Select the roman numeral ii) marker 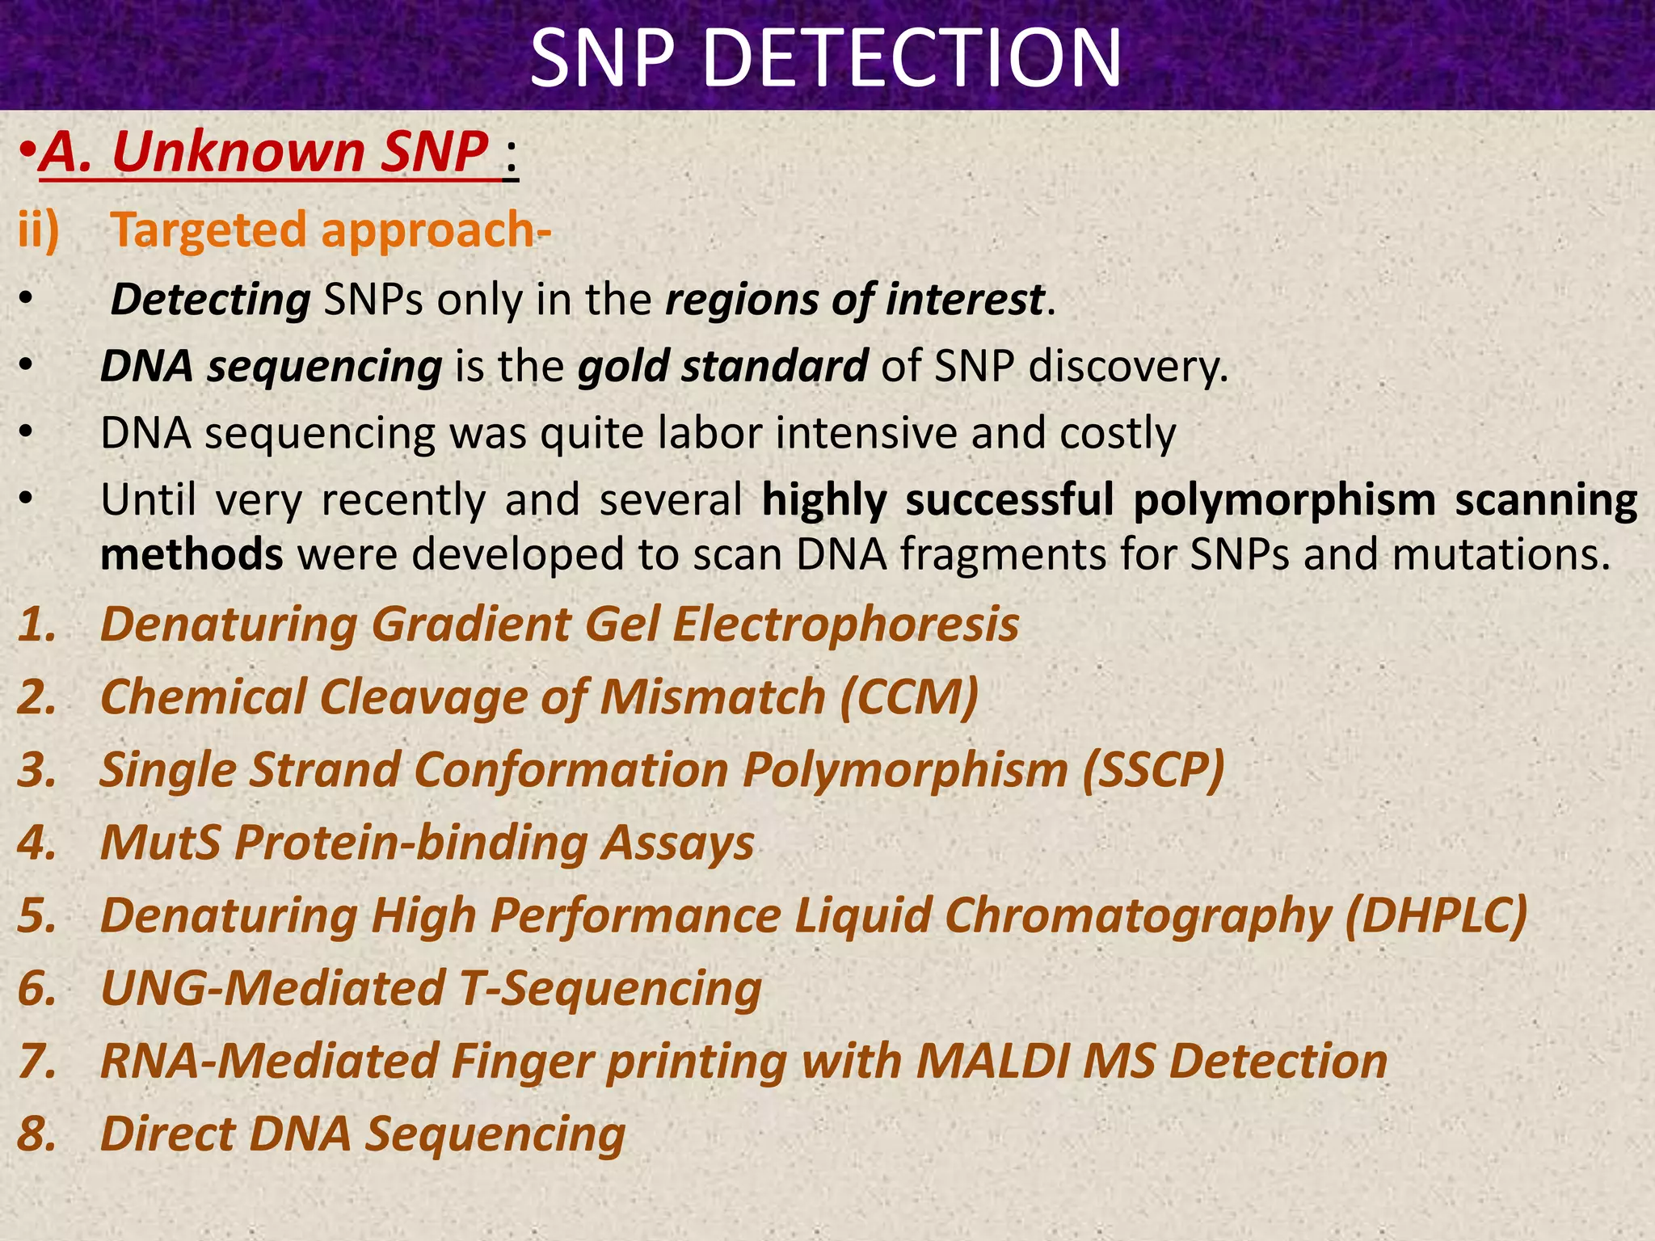click(39, 230)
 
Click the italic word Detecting click(210, 300)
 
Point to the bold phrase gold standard click(722, 366)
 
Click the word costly click(1118, 433)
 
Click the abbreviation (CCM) click(909, 697)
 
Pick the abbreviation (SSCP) click(1153, 770)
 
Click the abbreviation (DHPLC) click(1437, 916)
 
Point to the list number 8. click(37, 1134)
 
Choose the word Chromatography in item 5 click(1138, 916)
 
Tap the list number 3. click(37, 770)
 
